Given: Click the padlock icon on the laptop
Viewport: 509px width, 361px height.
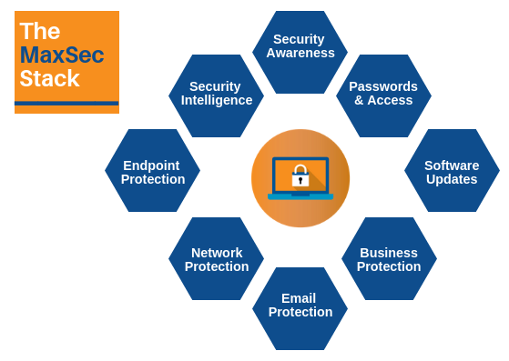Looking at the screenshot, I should (300, 176).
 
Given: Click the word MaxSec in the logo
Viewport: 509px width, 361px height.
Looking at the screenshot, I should (61, 55).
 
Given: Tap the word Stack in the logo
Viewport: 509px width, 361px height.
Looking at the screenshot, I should (49, 79).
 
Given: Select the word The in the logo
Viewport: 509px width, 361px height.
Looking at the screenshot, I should (39, 32).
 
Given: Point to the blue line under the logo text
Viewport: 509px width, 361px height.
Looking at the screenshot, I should (66, 103).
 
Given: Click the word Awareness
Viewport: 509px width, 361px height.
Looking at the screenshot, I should (300, 53).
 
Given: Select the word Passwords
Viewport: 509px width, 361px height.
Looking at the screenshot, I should (383, 86).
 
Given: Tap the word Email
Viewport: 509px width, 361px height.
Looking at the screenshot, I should (299, 298).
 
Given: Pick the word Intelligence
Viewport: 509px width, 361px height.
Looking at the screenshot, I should (217, 100).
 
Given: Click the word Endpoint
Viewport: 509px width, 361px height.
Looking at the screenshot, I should (151, 165).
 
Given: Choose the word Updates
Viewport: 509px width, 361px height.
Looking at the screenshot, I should (452, 179).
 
